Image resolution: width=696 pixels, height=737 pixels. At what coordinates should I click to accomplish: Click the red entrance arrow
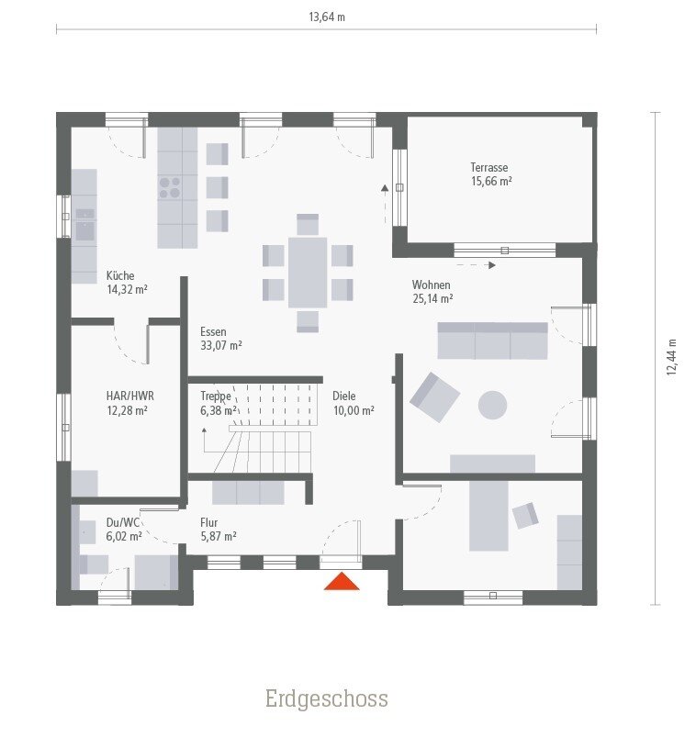pyautogui.click(x=342, y=581)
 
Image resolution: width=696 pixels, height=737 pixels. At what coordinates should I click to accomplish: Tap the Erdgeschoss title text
pyautogui.click(x=326, y=699)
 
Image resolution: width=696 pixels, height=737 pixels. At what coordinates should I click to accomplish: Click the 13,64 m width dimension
pyautogui.click(x=326, y=17)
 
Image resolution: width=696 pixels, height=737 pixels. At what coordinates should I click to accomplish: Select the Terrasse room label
pyautogui.click(x=489, y=168)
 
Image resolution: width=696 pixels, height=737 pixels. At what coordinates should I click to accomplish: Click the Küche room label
pyautogui.click(x=120, y=275)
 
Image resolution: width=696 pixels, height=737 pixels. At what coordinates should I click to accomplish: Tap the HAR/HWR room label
pyautogui.click(x=129, y=396)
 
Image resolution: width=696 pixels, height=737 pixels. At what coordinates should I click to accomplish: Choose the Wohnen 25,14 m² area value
pyautogui.click(x=432, y=299)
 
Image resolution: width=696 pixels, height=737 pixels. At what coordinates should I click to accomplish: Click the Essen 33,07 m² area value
pyautogui.click(x=221, y=346)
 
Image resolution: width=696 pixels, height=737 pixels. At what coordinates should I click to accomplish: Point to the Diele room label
pyautogui.click(x=344, y=396)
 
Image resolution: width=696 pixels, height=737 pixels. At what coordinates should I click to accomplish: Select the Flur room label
pyautogui.click(x=209, y=522)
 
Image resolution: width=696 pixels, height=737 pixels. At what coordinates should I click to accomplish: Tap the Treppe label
pyautogui.click(x=215, y=396)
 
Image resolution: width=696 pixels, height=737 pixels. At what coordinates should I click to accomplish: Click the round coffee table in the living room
pyautogui.click(x=492, y=405)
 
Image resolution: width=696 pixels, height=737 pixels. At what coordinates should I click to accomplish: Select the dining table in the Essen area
pyautogui.click(x=308, y=272)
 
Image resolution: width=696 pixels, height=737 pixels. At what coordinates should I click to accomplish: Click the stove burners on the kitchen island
pyautogui.click(x=170, y=187)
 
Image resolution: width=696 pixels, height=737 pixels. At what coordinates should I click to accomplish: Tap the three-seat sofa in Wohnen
pyautogui.click(x=492, y=341)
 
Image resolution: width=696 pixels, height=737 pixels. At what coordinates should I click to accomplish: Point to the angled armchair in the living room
pyautogui.click(x=434, y=396)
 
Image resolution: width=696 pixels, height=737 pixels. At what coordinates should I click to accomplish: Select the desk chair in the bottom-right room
pyautogui.click(x=525, y=515)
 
